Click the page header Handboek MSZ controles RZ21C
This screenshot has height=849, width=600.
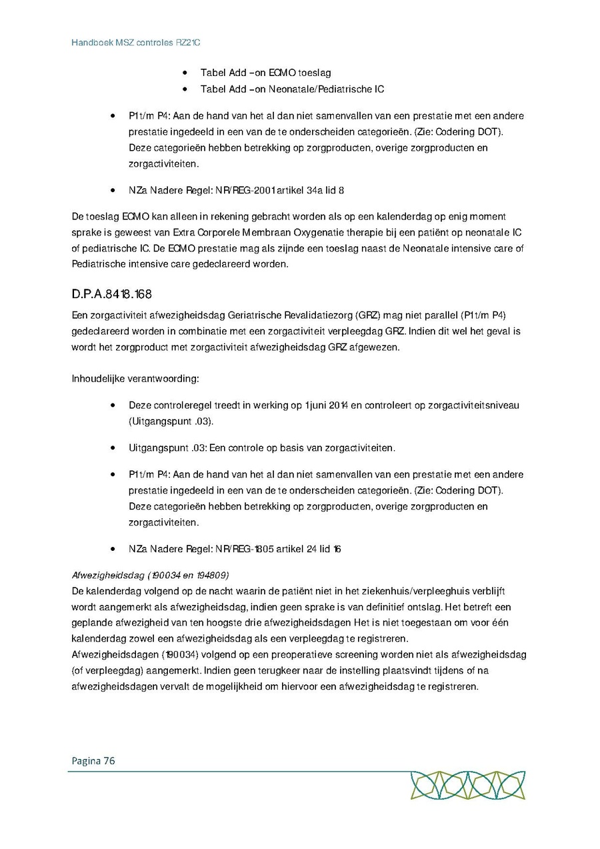point(136,42)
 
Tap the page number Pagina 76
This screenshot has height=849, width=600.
point(93,761)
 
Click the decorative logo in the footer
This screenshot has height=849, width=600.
point(467,786)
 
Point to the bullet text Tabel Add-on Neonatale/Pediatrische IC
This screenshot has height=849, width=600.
point(292,89)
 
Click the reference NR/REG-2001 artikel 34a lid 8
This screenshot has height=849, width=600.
point(279,190)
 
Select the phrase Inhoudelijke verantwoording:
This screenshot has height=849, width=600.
point(135,379)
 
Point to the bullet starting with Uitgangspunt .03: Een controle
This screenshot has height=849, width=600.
point(261,448)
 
